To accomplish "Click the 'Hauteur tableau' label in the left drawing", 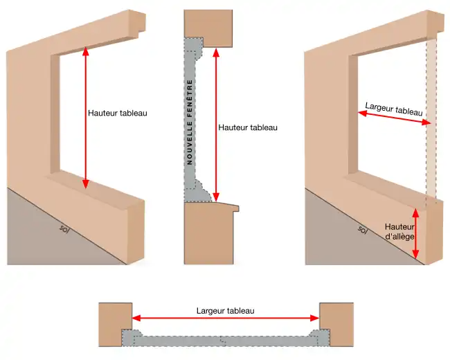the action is click(118, 113).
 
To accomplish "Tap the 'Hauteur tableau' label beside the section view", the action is click(248, 127).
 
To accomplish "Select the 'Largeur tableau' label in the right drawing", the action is click(394, 109).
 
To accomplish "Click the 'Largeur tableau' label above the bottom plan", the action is click(225, 311).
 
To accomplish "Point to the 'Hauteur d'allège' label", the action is click(399, 232).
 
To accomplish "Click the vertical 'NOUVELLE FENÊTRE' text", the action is click(190, 122).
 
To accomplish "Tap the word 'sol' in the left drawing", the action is click(64, 228).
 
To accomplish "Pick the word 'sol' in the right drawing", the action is click(363, 229).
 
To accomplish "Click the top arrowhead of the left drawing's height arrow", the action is click(85, 51).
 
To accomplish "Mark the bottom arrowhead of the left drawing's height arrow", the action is click(85, 184).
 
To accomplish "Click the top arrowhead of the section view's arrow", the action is click(217, 53).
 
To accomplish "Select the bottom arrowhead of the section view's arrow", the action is click(217, 197).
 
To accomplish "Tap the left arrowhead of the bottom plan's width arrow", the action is click(136, 318).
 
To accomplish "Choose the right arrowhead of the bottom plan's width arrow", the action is click(315, 318).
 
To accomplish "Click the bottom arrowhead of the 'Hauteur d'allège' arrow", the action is click(415, 254).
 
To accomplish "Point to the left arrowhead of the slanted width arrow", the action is click(363, 114).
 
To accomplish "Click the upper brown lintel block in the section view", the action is click(208, 28).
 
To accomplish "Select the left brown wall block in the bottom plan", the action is click(116, 325).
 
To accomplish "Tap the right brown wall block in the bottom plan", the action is click(336, 325).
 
